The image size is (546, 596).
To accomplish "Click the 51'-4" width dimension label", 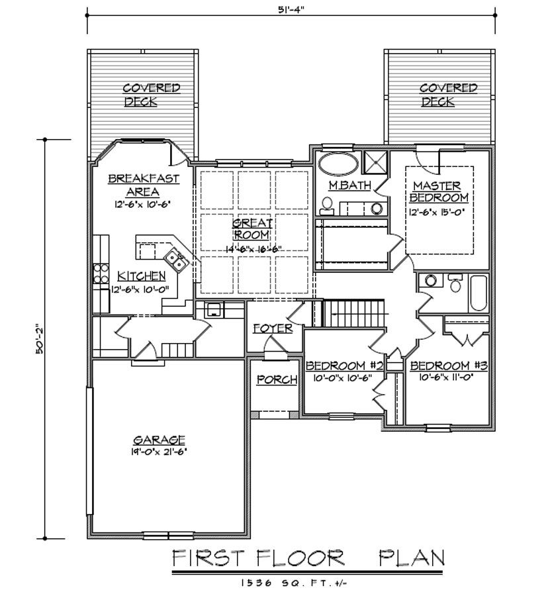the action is tap(291, 10).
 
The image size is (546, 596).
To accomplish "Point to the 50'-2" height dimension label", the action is tap(40, 340).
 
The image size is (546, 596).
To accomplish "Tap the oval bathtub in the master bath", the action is tap(338, 164).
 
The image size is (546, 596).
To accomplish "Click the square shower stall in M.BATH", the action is tap(375, 162).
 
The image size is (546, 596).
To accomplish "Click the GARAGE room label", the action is tap(159, 440).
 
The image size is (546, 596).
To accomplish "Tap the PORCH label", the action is tap(277, 379).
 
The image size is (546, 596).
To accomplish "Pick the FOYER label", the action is tap(273, 328).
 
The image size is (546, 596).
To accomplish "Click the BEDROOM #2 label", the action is tap(345, 366).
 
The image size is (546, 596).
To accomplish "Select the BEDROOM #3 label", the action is tap(449, 366).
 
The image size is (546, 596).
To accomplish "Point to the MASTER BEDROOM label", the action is tap(439, 191).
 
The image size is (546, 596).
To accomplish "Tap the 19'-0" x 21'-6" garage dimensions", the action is tap(158, 452).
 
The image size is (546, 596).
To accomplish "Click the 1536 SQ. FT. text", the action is tap(294, 582).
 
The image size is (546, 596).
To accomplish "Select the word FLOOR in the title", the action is tap(300, 558).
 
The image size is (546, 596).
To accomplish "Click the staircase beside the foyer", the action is tap(353, 313).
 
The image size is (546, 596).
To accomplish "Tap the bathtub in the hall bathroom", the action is tap(478, 293).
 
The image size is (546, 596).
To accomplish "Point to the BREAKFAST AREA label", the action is tap(144, 185).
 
